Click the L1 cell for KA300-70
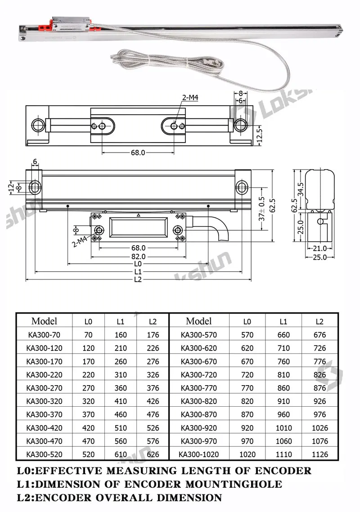[121, 335]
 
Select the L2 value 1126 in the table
[319, 454]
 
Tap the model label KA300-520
[45, 454]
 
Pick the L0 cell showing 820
[247, 401]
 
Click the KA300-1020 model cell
[198, 454]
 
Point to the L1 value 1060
[283, 441]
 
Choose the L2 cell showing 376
[153, 388]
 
